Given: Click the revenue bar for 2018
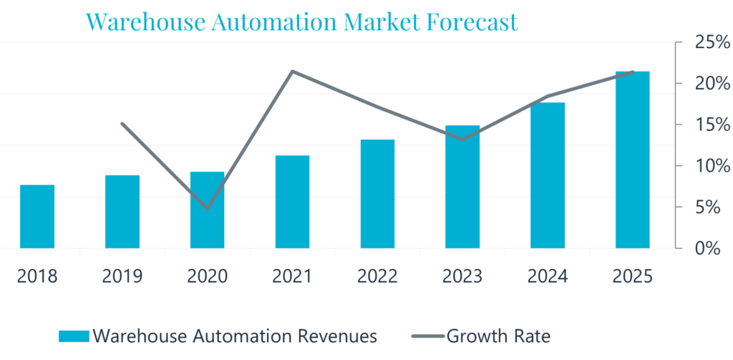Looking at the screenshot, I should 37,216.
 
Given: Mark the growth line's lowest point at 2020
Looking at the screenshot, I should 208,208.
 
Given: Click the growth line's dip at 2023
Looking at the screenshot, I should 463,139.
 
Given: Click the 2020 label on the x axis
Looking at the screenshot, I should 208,276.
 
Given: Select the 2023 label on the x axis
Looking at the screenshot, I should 463,276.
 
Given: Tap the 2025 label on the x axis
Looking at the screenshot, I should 633,276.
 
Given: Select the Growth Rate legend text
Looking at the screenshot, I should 498,335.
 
